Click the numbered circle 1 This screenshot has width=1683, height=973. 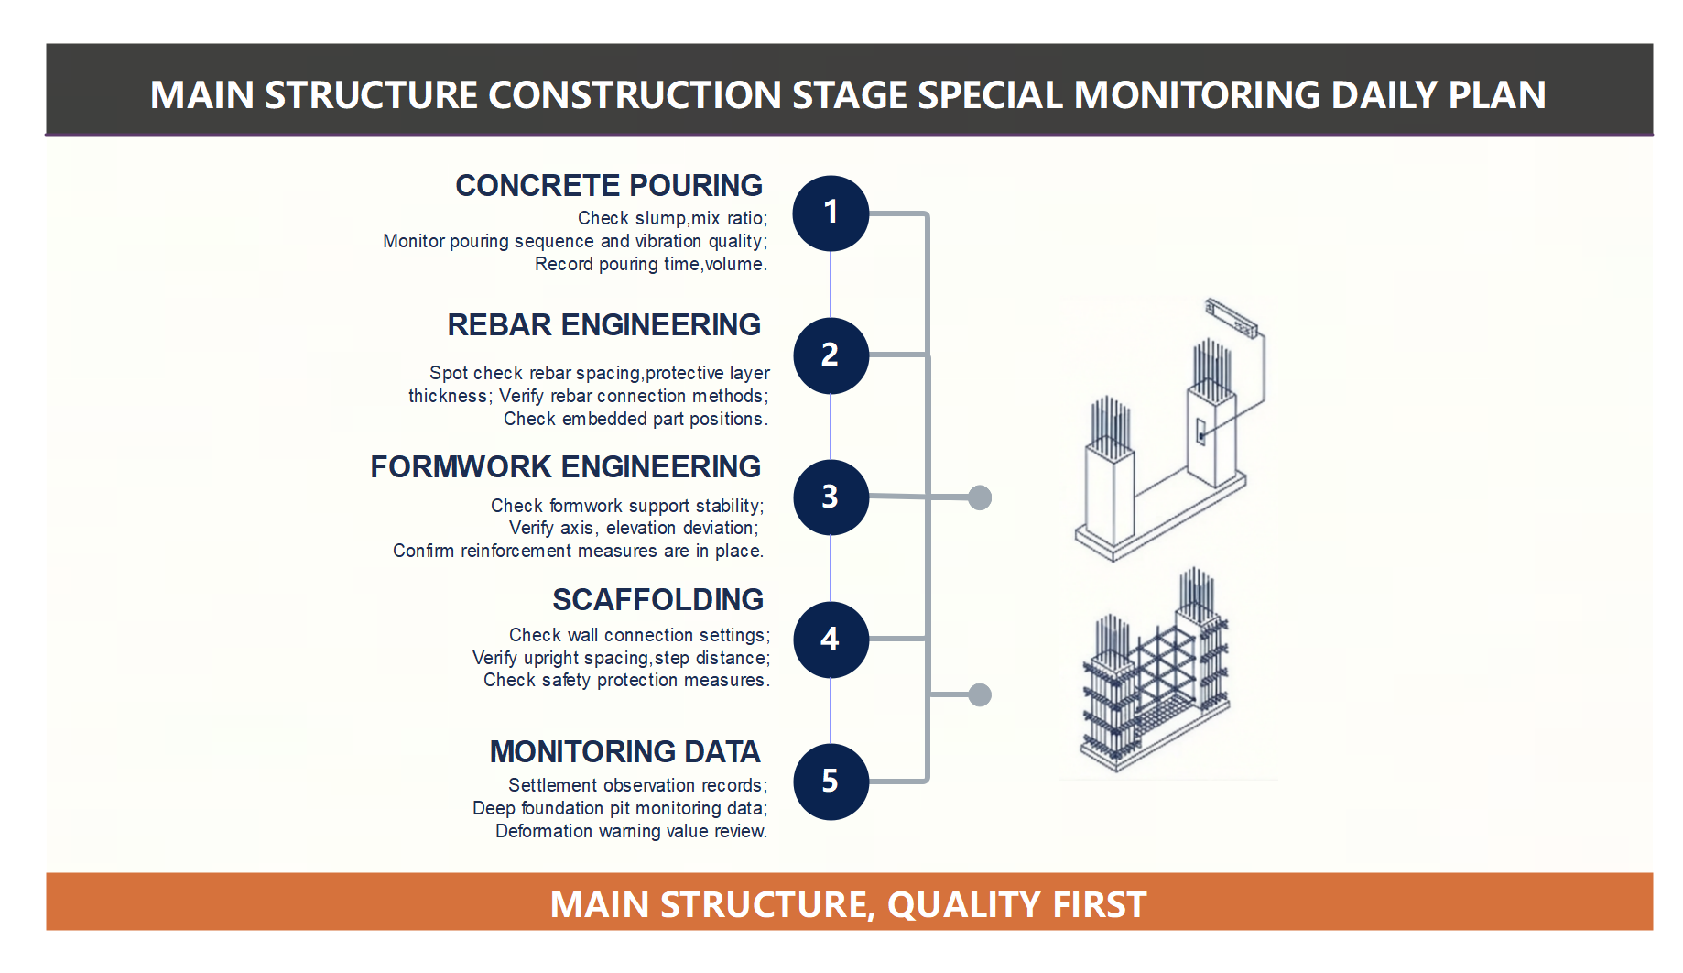(831, 213)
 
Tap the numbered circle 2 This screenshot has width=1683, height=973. (831, 355)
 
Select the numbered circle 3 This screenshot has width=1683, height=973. (831, 497)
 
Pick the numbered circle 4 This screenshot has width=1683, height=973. (831, 640)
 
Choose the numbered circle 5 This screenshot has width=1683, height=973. (831, 782)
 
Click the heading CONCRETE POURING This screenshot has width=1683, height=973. (609, 186)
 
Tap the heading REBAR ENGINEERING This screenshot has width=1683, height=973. (603, 325)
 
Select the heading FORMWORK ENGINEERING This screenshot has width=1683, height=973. (565, 467)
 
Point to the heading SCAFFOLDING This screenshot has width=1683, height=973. (657, 600)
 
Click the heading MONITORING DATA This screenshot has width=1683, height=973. (624, 752)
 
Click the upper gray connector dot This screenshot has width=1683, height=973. (980, 497)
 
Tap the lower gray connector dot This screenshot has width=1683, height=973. (980, 694)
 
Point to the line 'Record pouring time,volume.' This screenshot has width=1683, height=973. (650, 265)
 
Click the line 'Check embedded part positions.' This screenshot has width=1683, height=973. (635, 420)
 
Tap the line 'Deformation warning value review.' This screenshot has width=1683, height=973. (631, 832)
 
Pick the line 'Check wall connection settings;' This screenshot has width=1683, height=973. (639, 636)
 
